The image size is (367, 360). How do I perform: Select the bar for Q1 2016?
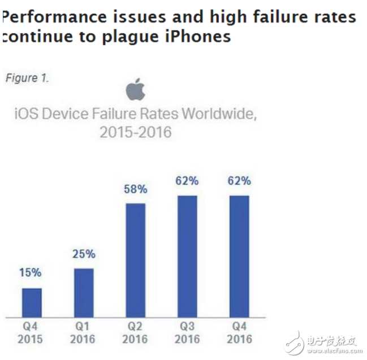83,292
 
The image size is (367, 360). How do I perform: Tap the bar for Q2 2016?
135,260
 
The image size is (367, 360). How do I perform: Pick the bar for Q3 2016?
187,256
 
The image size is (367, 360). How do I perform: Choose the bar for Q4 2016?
239,256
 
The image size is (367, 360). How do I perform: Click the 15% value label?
32,273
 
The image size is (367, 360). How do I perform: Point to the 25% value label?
83,254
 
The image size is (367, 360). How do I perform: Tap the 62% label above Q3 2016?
187,181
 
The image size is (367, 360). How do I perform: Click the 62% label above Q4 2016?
239,181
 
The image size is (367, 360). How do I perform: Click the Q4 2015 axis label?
32,333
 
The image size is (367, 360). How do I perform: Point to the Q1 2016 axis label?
83,333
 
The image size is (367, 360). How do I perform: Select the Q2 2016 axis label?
135,333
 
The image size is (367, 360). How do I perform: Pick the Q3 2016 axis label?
187,333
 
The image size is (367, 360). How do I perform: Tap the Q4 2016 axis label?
239,333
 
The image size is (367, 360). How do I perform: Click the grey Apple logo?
135,90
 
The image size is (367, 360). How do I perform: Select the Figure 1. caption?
27,78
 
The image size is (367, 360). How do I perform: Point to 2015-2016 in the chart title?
135,133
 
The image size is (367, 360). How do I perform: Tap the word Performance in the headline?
53,16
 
